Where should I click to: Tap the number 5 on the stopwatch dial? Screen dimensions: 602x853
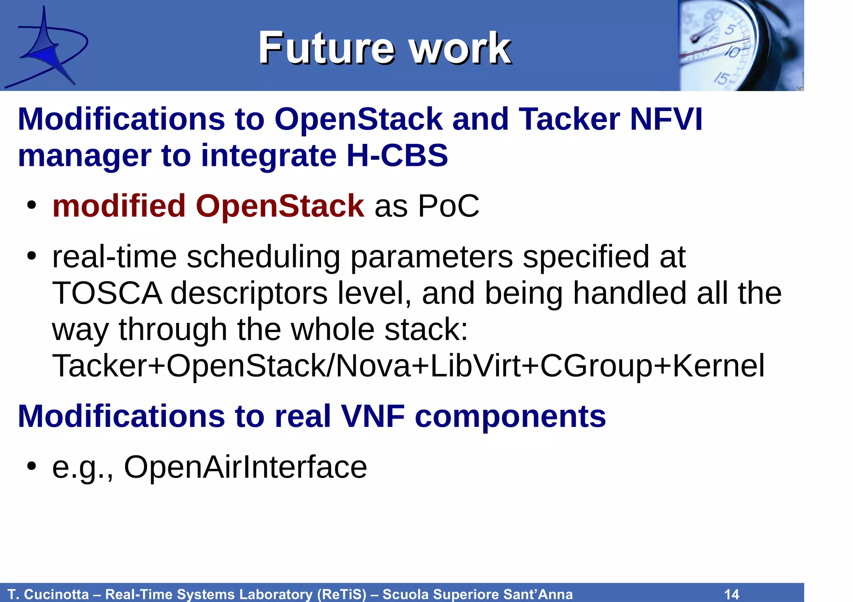(730, 30)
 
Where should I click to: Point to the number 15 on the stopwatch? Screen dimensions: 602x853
(721, 78)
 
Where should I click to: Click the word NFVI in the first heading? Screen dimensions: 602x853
(666, 119)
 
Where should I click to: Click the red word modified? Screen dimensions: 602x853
(119, 206)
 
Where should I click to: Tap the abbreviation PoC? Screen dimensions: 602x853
(449, 206)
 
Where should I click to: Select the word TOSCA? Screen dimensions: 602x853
(107, 293)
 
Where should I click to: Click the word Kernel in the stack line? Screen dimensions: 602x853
(718, 366)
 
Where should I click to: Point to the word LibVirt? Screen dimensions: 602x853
(475, 366)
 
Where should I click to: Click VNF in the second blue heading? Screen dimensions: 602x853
(373, 416)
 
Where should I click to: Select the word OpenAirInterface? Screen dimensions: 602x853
(245, 467)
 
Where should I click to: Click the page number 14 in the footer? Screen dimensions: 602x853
(732, 594)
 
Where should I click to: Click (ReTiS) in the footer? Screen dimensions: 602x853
(341, 594)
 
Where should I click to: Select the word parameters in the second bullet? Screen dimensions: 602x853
(431, 257)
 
